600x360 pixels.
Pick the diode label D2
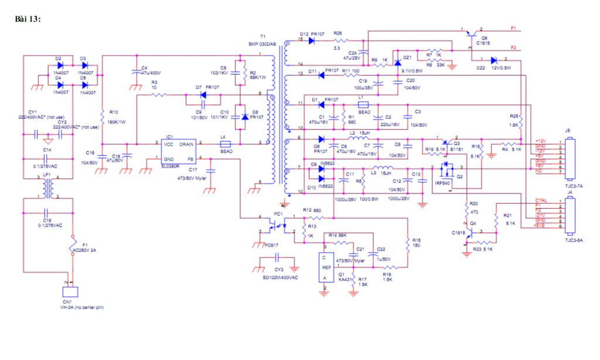[x=59, y=59]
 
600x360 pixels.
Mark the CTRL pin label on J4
[x=542, y=201]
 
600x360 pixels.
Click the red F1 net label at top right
[x=514, y=28]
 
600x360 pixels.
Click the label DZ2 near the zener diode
[x=482, y=68]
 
